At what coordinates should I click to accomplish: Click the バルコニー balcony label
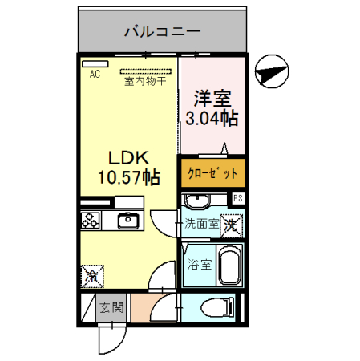163,33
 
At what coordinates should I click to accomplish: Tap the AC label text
95,75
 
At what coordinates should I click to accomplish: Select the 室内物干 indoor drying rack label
144,80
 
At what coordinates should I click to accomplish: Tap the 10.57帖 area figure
124,176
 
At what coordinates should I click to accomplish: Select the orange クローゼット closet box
212,172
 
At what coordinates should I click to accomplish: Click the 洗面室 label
201,225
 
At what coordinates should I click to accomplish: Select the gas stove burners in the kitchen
90,220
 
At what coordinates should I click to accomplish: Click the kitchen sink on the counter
128,220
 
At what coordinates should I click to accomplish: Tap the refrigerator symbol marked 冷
93,276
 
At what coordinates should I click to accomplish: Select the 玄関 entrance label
111,307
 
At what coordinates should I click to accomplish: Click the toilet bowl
220,307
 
